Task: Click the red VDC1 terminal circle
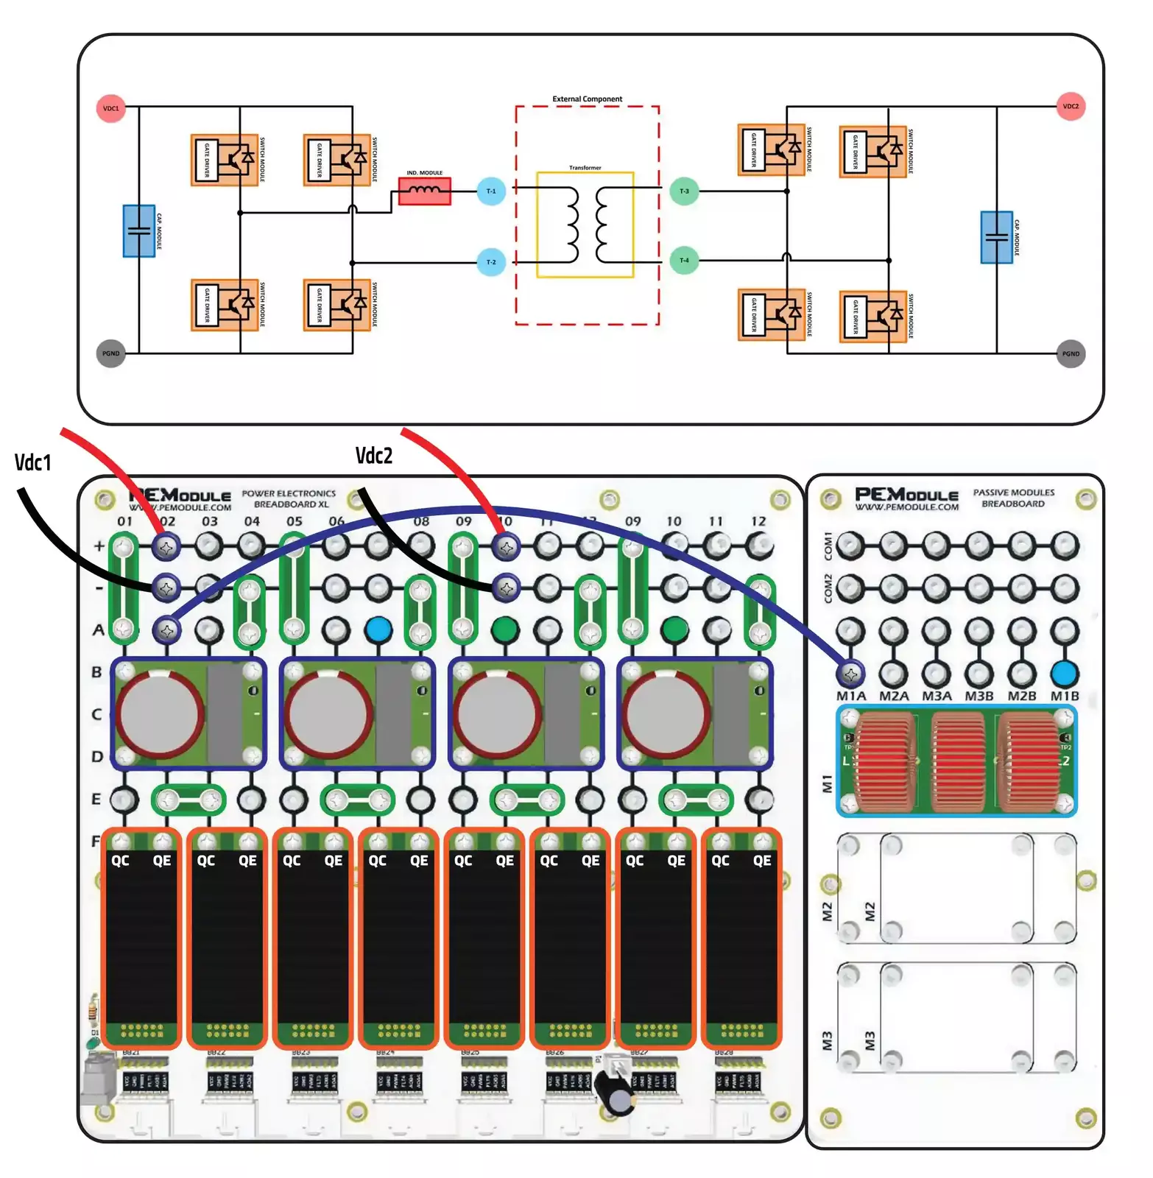[x=110, y=108]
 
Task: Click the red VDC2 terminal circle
[x=1070, y=106]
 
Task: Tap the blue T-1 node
[x=490, y=191]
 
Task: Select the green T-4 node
[x=683, y=260]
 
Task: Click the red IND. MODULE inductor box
[x=424, y=191]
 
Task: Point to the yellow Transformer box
[x=585, y=225]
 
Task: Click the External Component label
[x=587, y=99]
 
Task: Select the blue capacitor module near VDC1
[x=138, y=230]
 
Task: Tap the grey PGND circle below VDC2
[x=1070, y=353]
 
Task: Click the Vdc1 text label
[x=32, y=462]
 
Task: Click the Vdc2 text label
[x=373, y=456]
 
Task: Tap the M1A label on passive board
[x=850, y=696]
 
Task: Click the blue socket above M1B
[x=1064, y=672]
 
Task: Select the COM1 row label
[x=828, y=546]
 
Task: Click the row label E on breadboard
[x=96, y=799]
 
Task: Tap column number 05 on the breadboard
[x=294, y=521]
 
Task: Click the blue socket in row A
[x=378, y=629]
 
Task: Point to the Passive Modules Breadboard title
[x=1013, y=498]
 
